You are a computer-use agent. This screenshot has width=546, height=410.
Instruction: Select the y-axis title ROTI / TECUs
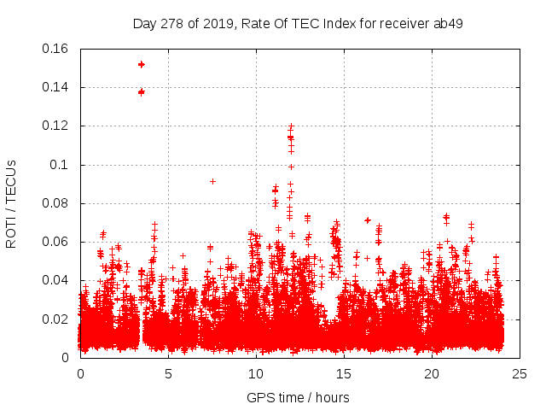(x=11, y=203)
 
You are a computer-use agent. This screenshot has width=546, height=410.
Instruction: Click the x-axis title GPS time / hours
(x=298, y=397)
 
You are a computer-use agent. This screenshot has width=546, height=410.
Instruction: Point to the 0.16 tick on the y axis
(x=55, y=49)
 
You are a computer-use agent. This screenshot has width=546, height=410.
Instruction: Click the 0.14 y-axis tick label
(x=55, y=87)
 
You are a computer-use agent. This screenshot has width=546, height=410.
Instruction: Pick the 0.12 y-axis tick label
(x=55, y=126)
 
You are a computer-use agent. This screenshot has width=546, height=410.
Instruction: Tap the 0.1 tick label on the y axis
(x=61, y=164)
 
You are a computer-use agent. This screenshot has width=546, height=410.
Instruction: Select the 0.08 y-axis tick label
(x=55, y=203)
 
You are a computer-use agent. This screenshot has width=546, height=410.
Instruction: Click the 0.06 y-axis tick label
(x=55, y=242)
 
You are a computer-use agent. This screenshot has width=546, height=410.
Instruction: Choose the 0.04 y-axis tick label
(x=55, y=280)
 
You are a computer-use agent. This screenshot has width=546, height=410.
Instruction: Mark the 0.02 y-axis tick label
(x=55, y=319)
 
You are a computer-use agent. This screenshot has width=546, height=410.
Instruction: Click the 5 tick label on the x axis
(x=169, y=373)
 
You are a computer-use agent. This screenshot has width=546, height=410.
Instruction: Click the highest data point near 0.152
(x=142, y=64)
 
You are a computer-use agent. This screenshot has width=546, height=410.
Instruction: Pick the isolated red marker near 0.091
(x=212, y=181)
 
